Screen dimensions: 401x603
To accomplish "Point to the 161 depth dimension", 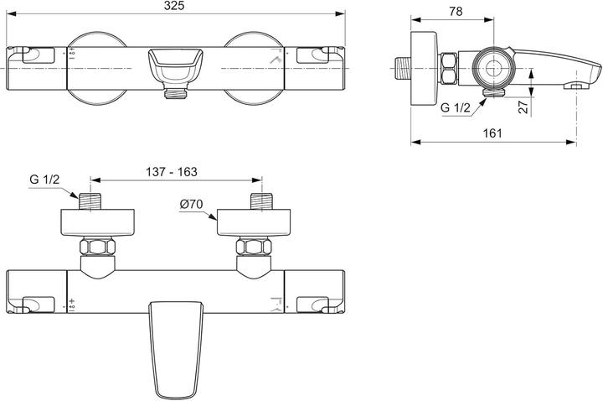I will pyautogui.click(x=494, y=132).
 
